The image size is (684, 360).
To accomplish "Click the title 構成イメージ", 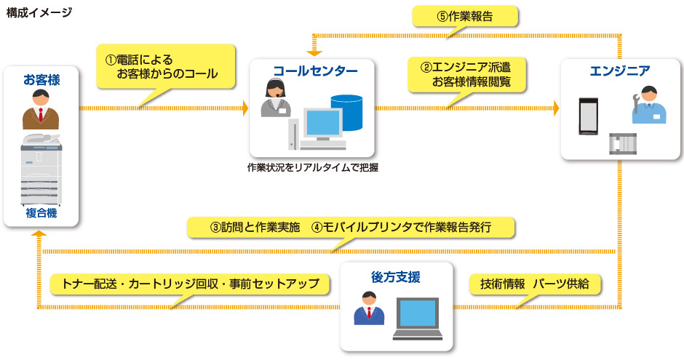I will pos(39,12).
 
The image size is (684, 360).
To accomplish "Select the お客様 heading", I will pos(41,79).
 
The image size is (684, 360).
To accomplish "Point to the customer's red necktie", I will pos(41,114).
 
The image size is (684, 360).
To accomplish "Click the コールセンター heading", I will pos(314,71).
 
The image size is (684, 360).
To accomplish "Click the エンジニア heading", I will pos(620,71).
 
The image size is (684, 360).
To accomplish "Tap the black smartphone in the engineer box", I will pos(587,116).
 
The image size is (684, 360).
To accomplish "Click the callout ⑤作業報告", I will pos(466,16).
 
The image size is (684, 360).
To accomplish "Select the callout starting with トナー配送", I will pos(191,284).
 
